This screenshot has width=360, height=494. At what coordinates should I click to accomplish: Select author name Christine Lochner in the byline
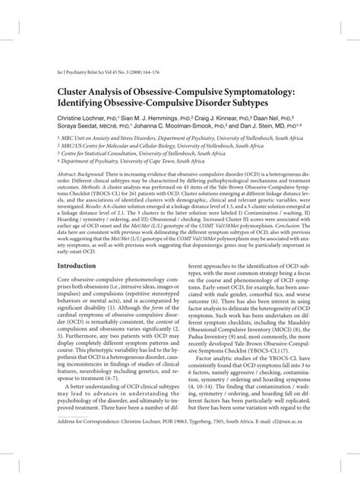(77, 120)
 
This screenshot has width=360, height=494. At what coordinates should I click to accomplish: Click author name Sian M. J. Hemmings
(149, 120)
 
